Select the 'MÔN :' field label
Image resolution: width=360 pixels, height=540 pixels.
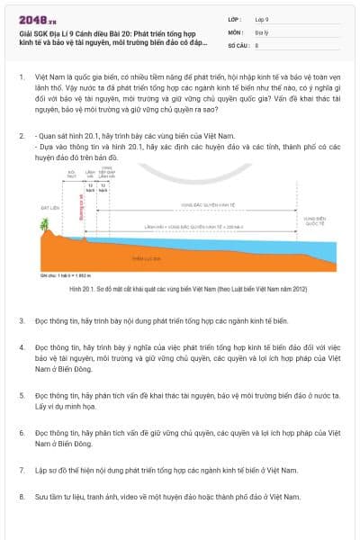[x=236, y=31]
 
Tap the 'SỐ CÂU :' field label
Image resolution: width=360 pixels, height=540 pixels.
[x=239, y=43]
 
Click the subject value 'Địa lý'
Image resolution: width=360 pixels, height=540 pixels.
[x=263, y=31]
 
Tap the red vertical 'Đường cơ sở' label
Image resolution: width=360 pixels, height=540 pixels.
[x=82, y=209]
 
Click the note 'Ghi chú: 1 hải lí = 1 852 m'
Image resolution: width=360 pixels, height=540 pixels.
[x=67, y=274]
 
